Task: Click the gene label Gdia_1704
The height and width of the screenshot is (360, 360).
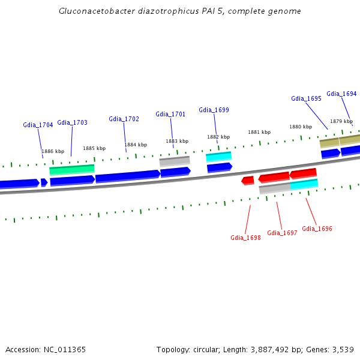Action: tap(38, 125)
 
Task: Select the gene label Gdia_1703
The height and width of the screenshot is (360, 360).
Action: tap(72, 122)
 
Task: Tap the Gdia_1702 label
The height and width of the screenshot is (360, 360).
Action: tap(124, 119)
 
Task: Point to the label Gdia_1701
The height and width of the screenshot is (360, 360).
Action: tap(170, 114)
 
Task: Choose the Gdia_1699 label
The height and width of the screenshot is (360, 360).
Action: tap(214, 110)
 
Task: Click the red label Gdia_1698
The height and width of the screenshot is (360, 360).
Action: tap(245, 238)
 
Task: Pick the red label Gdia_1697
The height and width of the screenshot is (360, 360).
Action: tap(282, 233)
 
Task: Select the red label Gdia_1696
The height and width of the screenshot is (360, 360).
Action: tap(317, 229)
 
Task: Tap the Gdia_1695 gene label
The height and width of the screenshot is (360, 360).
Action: tap(306, 98)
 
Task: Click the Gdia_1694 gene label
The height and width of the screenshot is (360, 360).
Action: tap(341, 94)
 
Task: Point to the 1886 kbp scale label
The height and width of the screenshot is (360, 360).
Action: tap(53, 151)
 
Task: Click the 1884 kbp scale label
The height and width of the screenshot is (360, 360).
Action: tap(136, 145)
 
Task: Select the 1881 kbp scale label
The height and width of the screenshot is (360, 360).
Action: tap(259, 132)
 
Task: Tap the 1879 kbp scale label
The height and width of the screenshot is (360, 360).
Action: tap(341, 121)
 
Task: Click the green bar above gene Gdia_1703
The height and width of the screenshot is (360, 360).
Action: tap(72, 169)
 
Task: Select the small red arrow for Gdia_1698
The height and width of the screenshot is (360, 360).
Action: tap(247, 181)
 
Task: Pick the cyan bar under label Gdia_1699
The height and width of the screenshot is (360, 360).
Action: tap(218, 157)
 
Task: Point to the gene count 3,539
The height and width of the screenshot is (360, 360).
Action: tap(342, 349)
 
